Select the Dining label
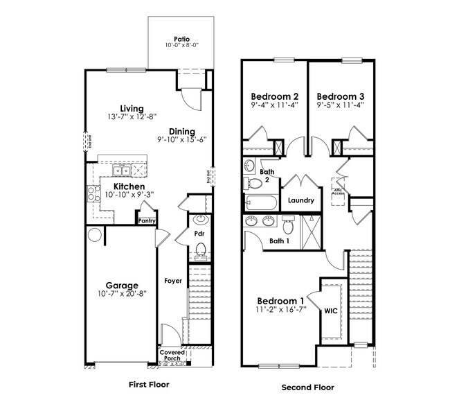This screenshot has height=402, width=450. click(x=181, y=132)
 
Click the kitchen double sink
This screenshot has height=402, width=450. click(x=123, y=171)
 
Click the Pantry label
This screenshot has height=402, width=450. click(x=146, y=221)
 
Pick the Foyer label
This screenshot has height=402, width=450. click(x=172, y=281)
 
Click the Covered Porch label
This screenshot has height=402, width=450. click(x=172, y=356)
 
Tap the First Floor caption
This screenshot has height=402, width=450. click(x=149, y=384)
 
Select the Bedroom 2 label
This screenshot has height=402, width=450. click(x=274, y=96)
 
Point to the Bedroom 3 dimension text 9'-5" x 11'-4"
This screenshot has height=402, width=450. click(x=340, y=106)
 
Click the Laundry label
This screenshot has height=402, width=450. click(x=302, y=200)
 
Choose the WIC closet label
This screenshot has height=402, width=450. click(x=331, y=311)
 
